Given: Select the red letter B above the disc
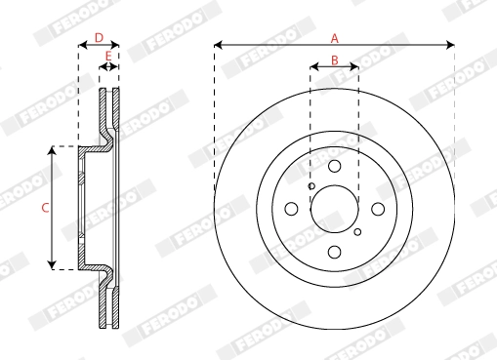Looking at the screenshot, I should pos(334,60).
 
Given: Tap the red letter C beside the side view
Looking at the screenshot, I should pos(44,207).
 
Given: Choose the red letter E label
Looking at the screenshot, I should pos(107,56).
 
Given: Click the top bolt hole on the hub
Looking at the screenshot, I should pos(334,167).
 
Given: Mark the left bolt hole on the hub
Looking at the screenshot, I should pos(291,209).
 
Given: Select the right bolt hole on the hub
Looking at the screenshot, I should pos(377,209).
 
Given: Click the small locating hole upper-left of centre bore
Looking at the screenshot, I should pos(311,186).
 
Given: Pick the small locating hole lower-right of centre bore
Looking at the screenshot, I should pos(357,232).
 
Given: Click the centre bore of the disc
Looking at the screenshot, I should pos(334,209).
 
